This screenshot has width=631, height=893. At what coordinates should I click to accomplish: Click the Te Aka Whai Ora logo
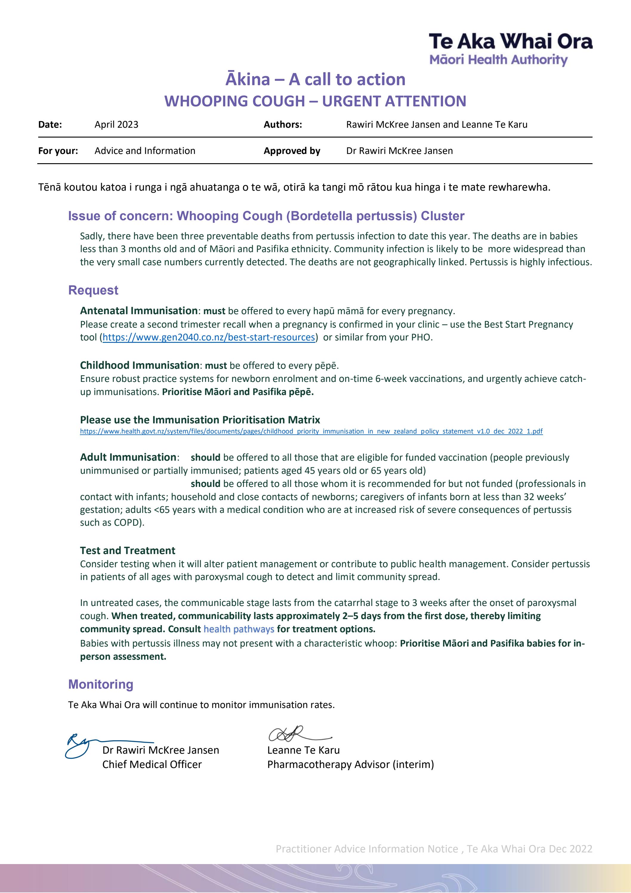click(510, 49)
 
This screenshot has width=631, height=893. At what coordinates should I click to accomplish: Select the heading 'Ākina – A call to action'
click(315, 79)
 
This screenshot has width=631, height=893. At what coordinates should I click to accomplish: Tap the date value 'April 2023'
click(116, 124)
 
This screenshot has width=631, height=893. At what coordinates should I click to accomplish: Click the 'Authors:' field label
click(283, 124)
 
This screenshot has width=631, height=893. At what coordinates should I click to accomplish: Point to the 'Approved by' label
click(292, 151)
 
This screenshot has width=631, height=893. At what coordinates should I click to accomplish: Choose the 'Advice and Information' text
click(145, 151)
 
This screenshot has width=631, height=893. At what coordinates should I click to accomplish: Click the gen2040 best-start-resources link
click(209, 337)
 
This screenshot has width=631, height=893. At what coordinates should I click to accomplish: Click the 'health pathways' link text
click(239, 629)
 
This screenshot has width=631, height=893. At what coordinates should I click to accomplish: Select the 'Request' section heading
click(93, 290)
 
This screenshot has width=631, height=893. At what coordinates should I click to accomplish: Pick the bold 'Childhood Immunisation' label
click(140, 365)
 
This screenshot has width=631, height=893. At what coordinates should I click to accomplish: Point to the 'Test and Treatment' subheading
click(128, 550)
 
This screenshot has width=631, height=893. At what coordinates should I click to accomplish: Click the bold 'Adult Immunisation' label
click(128, 457)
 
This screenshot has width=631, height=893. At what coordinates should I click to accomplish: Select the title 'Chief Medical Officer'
click(152, 764)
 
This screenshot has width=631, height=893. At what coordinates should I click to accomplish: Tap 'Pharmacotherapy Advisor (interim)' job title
click(350, 764)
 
